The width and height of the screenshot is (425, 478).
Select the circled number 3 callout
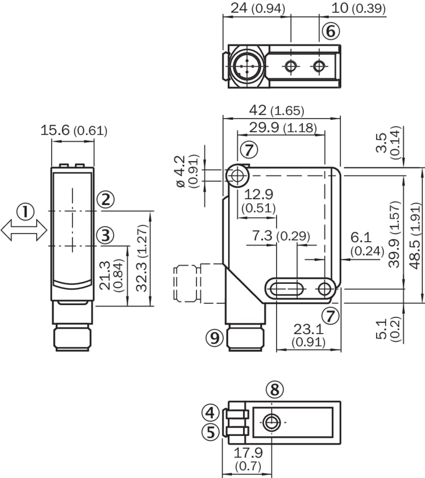[105, 235]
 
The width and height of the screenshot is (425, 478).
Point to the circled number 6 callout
[330, 32]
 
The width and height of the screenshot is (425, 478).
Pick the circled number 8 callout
[275, 390]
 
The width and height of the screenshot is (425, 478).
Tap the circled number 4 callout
[211, 412]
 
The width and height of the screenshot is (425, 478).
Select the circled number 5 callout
[211, 432]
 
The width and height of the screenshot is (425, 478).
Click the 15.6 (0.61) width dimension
[74, 130]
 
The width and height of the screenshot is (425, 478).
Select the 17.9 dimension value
[248, 453]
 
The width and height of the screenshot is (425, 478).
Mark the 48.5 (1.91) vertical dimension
[415, 235]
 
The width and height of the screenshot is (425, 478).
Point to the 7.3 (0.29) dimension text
[281, 236]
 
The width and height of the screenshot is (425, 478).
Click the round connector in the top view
[246, 66]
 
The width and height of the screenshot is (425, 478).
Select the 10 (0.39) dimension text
[358, 8]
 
